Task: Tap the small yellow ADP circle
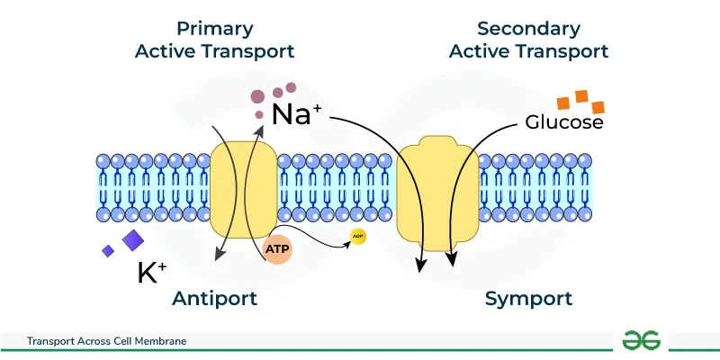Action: click(357, 237)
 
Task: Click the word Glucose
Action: click(564, 122)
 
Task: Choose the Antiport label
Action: click(214, 299)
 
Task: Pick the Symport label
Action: click(528, 299)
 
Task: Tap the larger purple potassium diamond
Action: click(133, 239)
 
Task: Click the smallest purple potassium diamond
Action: click(108, 251)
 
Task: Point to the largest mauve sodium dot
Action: click(258, 95)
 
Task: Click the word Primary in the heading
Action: click(214, 28)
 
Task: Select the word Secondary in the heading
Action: click(529, 28)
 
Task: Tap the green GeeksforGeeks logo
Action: click(642, 340)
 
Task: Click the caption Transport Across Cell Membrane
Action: click(106, 341)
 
